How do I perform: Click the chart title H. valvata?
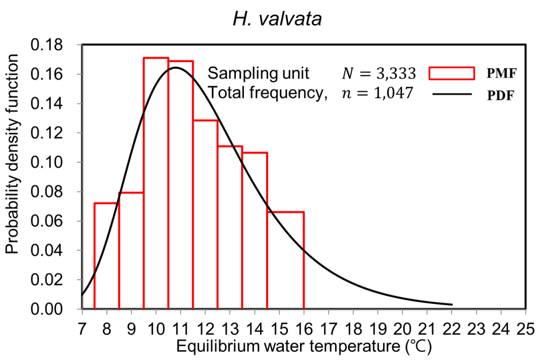(x=277, y=19)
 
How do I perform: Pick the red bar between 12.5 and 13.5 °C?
(x=230, y=227)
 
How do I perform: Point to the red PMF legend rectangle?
(x=452, y=74)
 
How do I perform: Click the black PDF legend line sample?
(x=452, y=94)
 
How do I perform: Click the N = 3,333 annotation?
(x=379, y=74)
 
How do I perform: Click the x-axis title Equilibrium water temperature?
(x=304, y=346)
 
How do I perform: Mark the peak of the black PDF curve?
(x=175, y=68)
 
